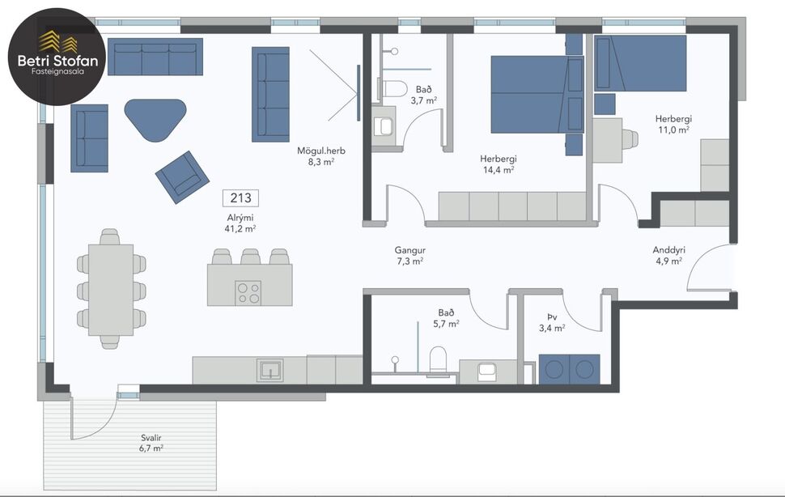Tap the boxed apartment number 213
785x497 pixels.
tap(240, 198)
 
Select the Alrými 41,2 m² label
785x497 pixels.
tap(240, 223)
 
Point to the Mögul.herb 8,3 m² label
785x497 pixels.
tap(316, 155)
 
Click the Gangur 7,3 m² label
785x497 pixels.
tap(409, 256)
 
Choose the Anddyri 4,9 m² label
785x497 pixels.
tap(668, 255)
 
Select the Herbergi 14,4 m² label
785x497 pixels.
tap(498, 164)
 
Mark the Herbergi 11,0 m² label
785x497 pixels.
tap(673, 124)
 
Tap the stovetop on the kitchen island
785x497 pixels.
tap(248, 292)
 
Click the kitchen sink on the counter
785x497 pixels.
tap(270, 370)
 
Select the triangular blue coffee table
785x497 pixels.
tap(155, 118)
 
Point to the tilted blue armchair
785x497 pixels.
tap(183, 176)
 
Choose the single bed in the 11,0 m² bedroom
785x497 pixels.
tap(640, 63)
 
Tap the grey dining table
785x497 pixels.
tap(110, 289)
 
